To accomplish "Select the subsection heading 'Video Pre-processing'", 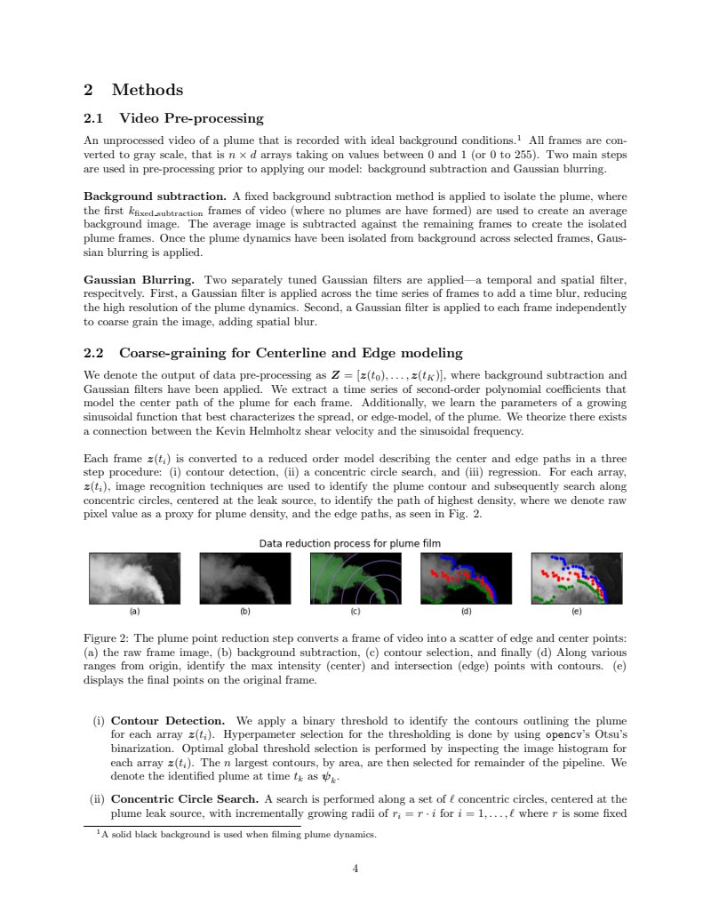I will (191, 118).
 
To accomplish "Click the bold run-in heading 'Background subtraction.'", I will (154, 195).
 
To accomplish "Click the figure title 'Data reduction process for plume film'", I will (349, 543).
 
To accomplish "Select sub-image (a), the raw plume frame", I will (134, 578).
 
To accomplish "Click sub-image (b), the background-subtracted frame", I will (244, 578).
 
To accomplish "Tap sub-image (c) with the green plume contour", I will (355, 578).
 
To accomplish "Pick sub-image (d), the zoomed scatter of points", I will (466, 578).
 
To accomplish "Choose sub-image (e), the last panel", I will (576, 578).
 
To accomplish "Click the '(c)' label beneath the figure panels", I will (355, 612).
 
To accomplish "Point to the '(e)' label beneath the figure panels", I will (576, 612).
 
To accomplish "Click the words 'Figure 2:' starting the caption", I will (106, 638).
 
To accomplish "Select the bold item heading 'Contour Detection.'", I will (167, 720).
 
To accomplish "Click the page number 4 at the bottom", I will (355, 869).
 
